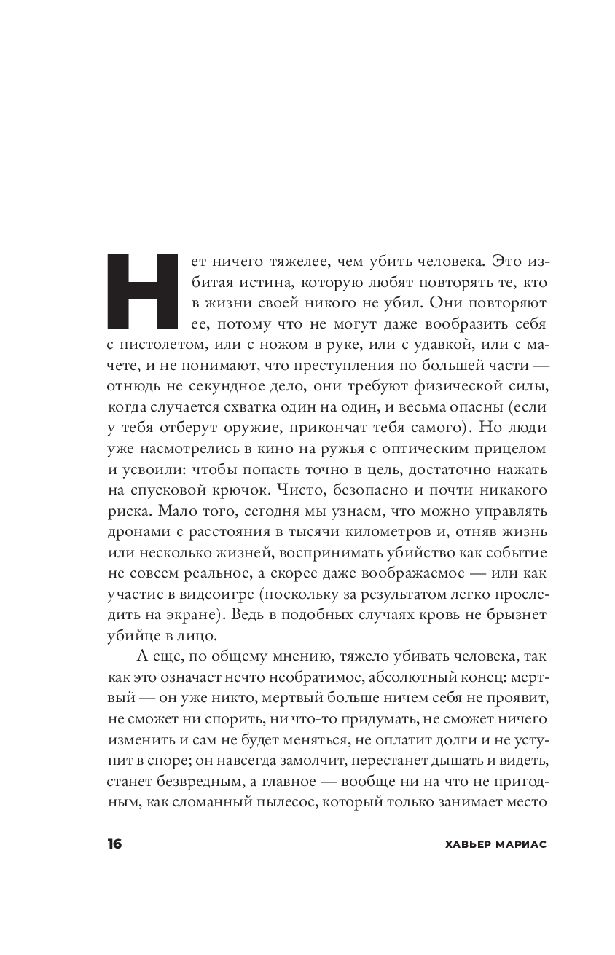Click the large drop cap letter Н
pos(143,292)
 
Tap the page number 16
pos(114,844)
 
